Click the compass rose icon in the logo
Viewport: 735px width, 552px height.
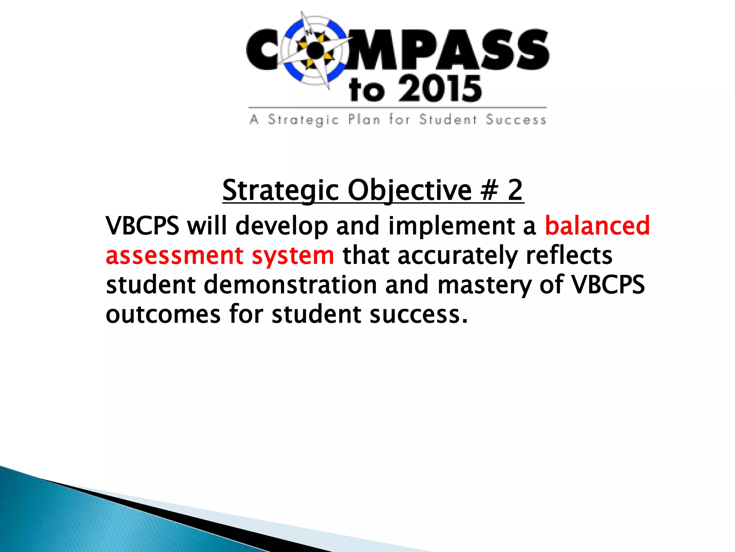[315, 51]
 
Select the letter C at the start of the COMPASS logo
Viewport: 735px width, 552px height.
[263, 50]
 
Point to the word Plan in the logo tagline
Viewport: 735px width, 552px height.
[364, 119]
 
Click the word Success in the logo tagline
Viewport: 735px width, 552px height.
[516, 120]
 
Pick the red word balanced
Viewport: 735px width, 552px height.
[597, 226]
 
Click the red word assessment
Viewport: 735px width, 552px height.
[174, 256]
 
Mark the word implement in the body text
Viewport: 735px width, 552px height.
[451, 226]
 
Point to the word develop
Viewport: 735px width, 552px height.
[282, 226]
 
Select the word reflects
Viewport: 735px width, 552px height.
[569, 256]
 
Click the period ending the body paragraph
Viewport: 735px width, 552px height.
[465, 321]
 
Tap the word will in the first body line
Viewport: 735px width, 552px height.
[207, 226]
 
